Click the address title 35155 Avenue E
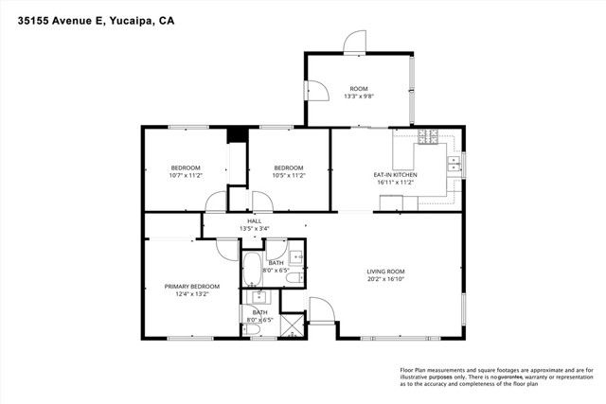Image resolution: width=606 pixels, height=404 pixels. [94, 19]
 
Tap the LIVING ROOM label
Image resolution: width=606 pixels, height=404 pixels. [385, 272]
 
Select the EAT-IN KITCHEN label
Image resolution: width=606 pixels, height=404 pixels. [395, 175]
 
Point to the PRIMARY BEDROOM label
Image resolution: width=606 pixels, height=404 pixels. [191, 286]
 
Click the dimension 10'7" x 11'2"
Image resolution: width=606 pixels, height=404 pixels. [186, 175]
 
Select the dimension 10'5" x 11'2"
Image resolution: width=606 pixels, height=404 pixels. [288, 175]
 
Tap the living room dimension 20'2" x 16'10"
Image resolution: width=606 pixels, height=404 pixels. [385, 280]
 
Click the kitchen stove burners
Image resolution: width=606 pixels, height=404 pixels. [428, 137]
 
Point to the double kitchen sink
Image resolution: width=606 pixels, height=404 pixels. [454, 164]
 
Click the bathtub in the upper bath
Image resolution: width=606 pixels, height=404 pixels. [253, 270]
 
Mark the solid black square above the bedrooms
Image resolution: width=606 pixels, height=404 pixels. [237, 135]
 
